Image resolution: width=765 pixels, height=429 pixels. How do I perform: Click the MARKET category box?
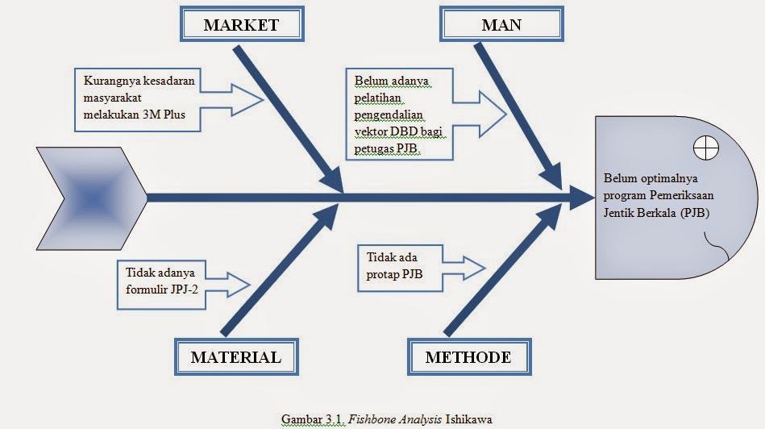tap(241, 25)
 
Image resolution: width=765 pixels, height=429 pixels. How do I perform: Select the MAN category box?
tap(501, 25)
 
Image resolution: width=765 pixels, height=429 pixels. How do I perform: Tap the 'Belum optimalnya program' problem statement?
tap(658, 195)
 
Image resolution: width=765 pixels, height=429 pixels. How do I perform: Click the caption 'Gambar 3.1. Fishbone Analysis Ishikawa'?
tap(386, 419)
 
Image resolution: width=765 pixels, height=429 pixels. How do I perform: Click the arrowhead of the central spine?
tap(579, 195)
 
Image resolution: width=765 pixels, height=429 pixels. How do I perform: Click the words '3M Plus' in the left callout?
tap(165, 114)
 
